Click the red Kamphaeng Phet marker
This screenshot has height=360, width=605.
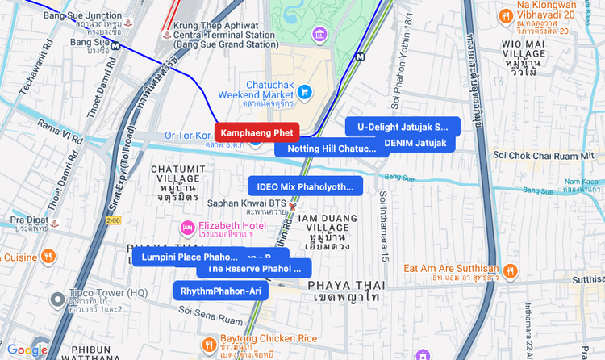click(257, 132)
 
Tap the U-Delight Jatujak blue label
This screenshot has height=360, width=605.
click(403, 127)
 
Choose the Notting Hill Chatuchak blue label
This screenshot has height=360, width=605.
click(326, 149)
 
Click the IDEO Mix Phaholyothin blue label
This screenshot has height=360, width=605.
click(305, 186)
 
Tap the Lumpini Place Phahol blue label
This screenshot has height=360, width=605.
click(187, 257)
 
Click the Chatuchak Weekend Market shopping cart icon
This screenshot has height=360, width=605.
click(305, 93)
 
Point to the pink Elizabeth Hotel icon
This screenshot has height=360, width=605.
click(186, 228)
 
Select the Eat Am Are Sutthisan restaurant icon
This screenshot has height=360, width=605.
click(510, 274)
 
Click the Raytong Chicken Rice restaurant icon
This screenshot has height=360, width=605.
click(208, 343)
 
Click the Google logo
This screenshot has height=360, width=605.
click(27, 350)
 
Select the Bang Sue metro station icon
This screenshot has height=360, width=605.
click(118, 44)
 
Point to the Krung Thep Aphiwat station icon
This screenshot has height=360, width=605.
click(167, 35)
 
